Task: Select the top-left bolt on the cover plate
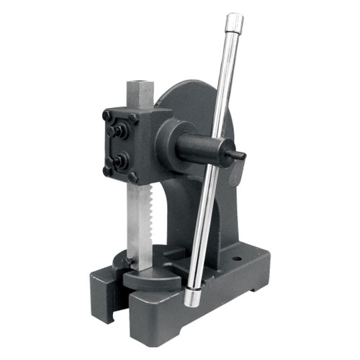point(107,115)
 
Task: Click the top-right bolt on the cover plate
point(132,120)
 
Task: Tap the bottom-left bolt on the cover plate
point(107,171)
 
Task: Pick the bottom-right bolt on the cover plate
point(132,177)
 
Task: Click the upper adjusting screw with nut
point(117,130)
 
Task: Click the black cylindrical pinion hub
point(202,148)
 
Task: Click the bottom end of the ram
point(138,263)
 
